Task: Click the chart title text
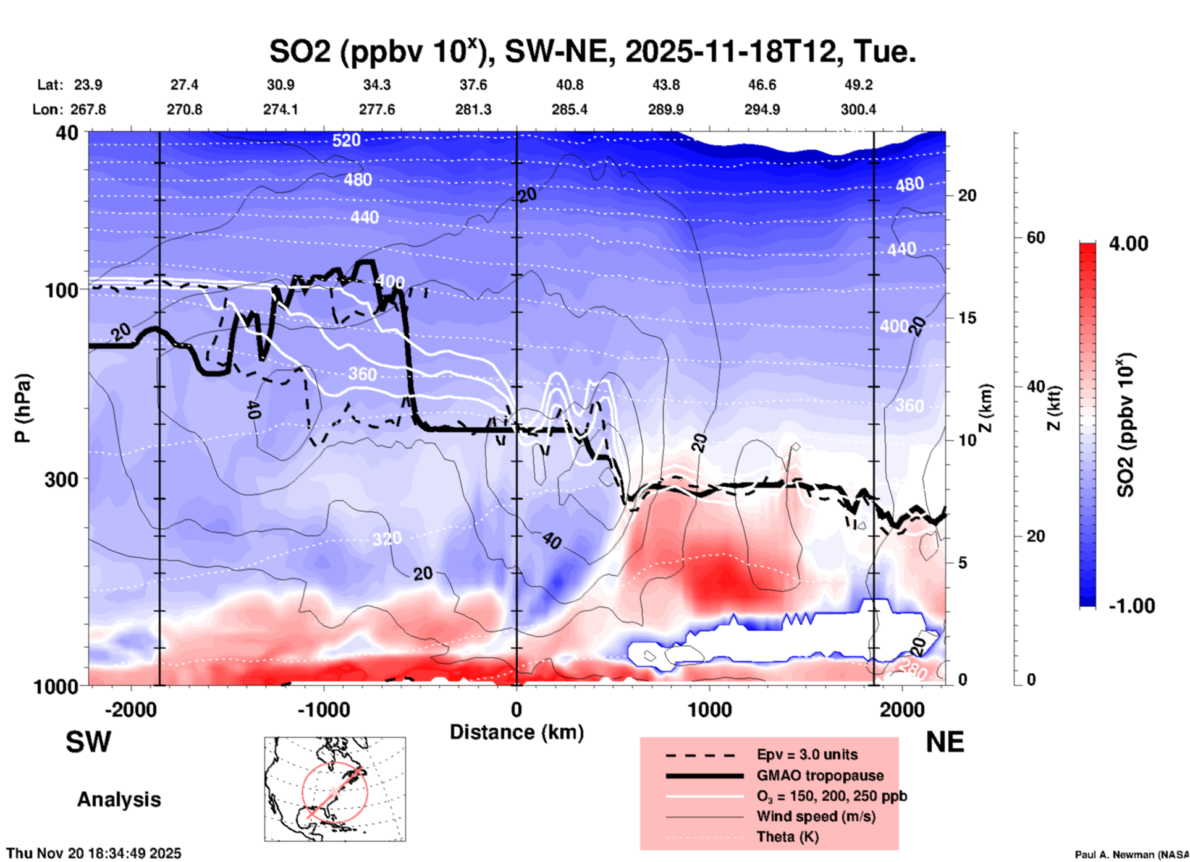pyautogui.click(x=592, y=51)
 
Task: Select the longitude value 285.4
pyautogui.click(x=569, y=109)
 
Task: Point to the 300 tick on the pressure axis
pyautogui.click(x=62, y=479)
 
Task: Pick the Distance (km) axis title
pyautogui.click(x=517, y=732)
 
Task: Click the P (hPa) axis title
pyautogui.click(x=23, y=408)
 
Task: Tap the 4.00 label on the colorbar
pyautogui.click(x=1128, y=244)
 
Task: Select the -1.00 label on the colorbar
pyautogui.click(x=1131, y=605)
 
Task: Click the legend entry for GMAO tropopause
pyautogui.click(x=820, y=775)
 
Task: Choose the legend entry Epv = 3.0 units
pyautogui.click(x=807, y=754)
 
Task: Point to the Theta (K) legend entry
pyautogui.click(x=787, y=837)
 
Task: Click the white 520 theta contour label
pyautogui.click(x=346, y=140)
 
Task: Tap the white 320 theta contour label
pyautogui.click(x=387, y=539)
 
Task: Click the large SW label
pyautogui.click(x=88, y=742)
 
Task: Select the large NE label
pyautogui.click(x=945, y=742)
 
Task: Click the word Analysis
pyautogui.click(x=119, y=800)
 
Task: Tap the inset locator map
pyautogui.click(x=335, y=789)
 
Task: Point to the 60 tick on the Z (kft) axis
pyautogui.click(x=1036, y=237)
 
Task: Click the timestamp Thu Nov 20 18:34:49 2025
pyautogui.click(x=94, y=853)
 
